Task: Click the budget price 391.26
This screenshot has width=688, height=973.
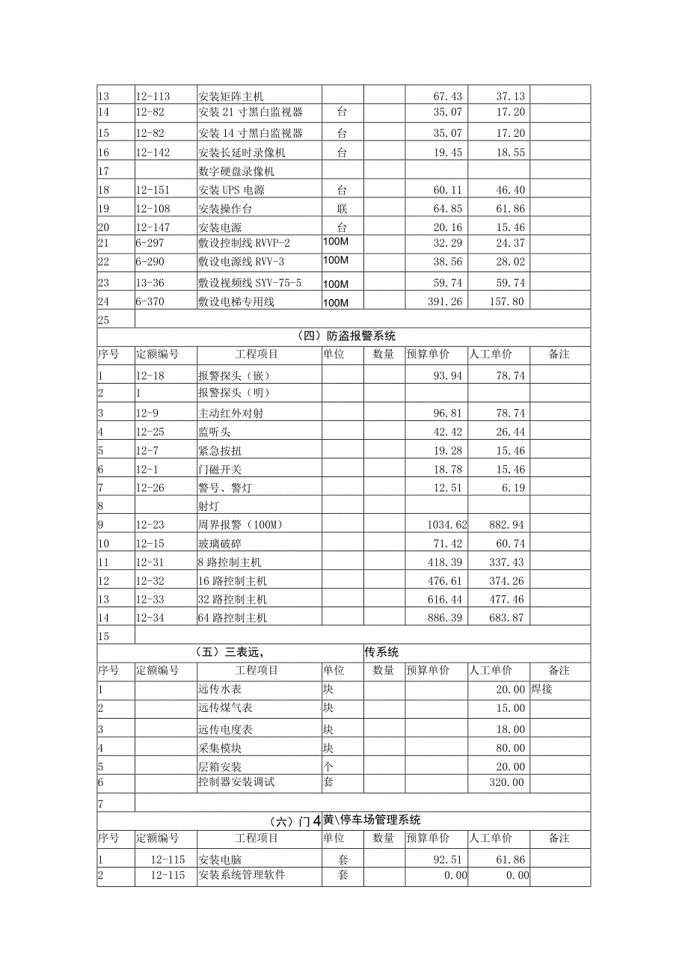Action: click(x=444, y=302)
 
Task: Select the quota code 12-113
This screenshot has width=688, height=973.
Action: click(x=153, y=96)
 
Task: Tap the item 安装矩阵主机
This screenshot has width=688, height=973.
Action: click(x=231, y=96)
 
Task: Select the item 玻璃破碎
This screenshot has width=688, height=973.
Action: click(x=220, y=544)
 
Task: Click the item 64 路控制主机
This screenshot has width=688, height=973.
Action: click(x=233, y=618)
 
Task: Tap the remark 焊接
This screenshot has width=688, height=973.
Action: click(x=541, y=690)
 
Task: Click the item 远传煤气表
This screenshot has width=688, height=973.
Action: click(x=225, y=708)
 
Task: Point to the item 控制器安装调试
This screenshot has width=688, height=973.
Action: click(x=236, y=782)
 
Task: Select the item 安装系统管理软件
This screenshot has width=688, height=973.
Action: click(x=242, y=875)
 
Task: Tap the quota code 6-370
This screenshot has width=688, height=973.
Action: click(x=150, y=302)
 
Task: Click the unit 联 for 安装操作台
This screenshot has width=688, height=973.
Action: click(x=343, y=209)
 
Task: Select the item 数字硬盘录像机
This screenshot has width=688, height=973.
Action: click(x=231, y=171)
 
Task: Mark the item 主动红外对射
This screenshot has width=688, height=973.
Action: click(x=225, y=413)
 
